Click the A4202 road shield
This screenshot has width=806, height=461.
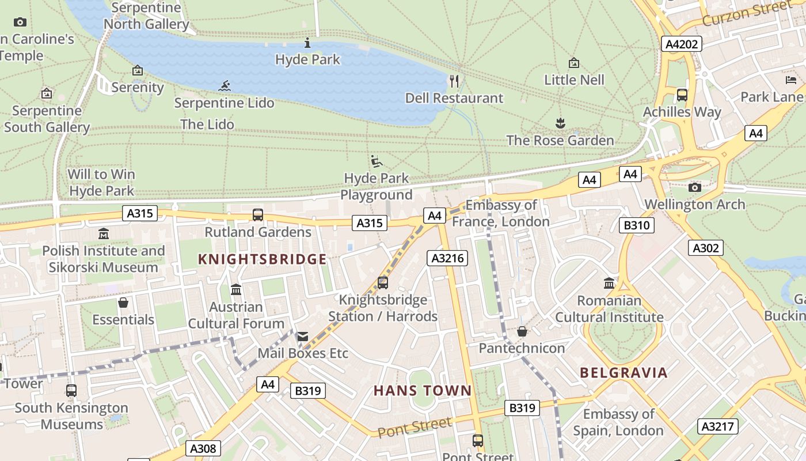[681, 44]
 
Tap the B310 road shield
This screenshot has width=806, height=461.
[636, 225]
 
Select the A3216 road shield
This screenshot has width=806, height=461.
[447, 258]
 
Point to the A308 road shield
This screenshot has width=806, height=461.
[203, 448]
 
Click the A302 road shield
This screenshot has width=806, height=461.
[705, 248]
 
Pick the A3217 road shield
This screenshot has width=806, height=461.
[717, 426]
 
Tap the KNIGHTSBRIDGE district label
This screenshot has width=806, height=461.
[262, 259]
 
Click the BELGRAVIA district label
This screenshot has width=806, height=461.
[623, 373]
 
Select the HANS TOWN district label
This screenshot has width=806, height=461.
[423, 391]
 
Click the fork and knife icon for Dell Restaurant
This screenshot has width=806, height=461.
[454, 81]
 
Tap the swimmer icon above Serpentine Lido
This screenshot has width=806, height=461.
[225, 86]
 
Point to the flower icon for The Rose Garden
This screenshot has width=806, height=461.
[560, 123]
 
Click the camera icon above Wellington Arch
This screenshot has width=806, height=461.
[694, 187]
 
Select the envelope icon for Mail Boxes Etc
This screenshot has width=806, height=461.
[302, 337]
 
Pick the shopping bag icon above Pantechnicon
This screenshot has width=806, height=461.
[522, 331]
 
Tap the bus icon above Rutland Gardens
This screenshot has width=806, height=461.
[258, 215]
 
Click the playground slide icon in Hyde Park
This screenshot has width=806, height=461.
[376, 161]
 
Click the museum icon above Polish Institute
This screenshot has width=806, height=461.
[104, 234]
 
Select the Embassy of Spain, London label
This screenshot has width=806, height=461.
[618, 422]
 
